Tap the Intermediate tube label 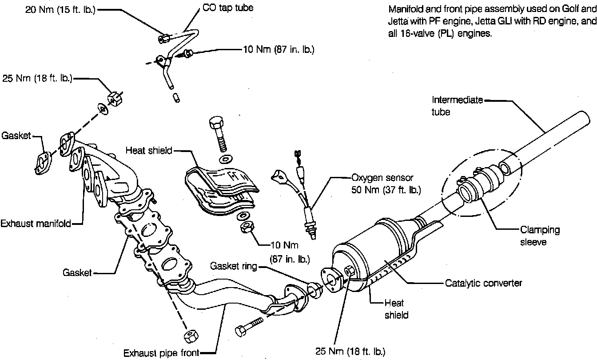click(x=457, y=106)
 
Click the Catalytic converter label click(x=483, y=283)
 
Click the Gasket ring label click(x=234, y=266)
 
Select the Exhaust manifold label click(x=36, y=223)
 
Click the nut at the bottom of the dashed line click(x=190, y=336)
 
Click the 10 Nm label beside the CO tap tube click(x=279, y=50)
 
